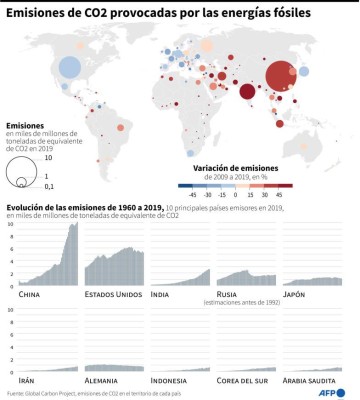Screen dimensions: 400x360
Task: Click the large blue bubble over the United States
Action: click(x=70, y=68)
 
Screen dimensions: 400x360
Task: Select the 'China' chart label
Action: click(x=30, y=294)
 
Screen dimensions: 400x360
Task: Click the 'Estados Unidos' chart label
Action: click(x=112, y=294)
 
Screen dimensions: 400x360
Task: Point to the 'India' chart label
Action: click(x=160, y=294)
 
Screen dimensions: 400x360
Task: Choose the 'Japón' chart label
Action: click(x=296, y=294)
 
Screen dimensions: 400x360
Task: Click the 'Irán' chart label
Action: click(x=28, y=380)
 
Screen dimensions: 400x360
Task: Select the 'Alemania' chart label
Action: click(x=104, y=380)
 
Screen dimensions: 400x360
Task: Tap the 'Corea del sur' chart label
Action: click(x=243, y=380)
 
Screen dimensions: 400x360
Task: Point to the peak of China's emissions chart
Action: click(x=75, y=224)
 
